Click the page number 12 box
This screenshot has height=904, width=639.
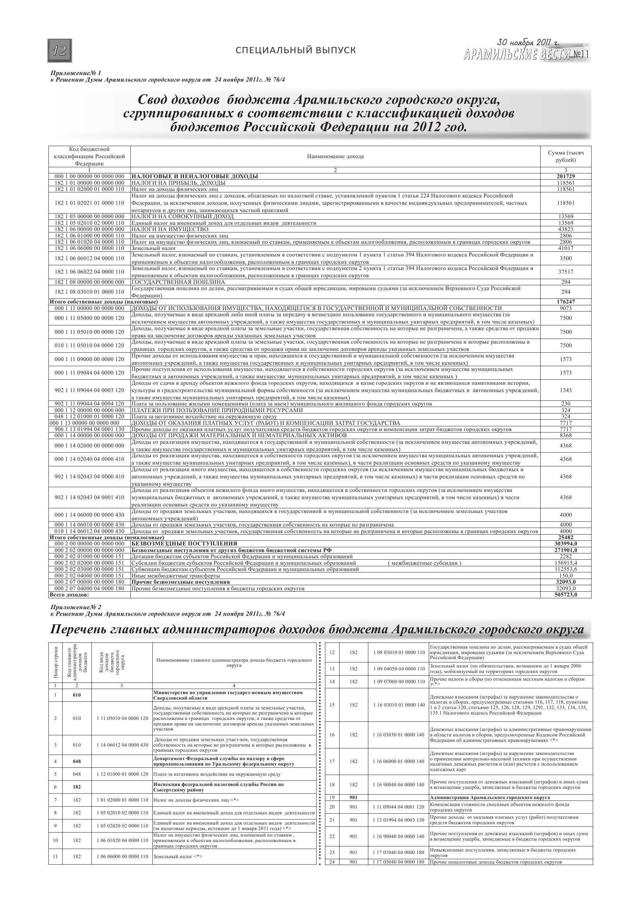coord(60,51)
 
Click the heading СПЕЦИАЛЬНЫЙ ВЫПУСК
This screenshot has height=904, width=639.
coord(295,50)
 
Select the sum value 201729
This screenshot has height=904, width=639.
coord(566,176)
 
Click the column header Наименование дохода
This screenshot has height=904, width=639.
coord(335,156)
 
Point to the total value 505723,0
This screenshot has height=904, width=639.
coord(566,595)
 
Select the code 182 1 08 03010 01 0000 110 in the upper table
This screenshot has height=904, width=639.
coord(89,292)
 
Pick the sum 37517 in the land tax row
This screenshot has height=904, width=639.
coord(566,272)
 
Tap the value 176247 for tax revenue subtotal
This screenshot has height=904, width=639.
coord(566,302)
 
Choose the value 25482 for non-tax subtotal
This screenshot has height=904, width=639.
coord(566,537)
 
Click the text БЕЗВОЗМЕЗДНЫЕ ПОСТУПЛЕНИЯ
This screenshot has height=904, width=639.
coord(184,543)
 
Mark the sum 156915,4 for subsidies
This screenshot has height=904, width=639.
coord(566,563)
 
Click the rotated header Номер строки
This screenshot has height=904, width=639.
coord(55,662)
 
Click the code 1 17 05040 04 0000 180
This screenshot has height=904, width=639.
coord(399,862)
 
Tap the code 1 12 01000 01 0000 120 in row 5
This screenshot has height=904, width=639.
coord(122,774)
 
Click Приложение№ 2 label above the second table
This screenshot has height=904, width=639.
coord(76,607)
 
